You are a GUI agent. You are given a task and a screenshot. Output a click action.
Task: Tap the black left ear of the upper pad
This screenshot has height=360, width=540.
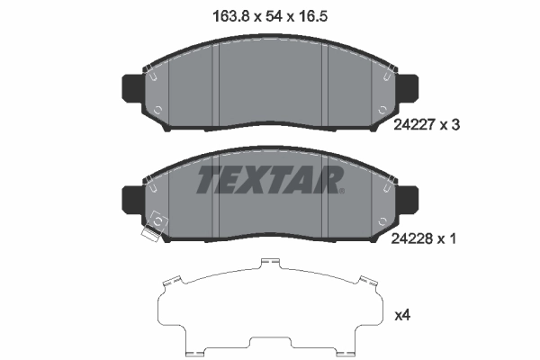click(129, 87)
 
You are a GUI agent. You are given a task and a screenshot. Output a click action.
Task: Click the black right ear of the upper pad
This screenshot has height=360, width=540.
click(410, 87)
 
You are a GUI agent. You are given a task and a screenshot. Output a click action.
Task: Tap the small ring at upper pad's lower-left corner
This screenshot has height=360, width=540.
click(158, 111)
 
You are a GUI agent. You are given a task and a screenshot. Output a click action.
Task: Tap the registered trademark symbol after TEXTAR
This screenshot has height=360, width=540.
click(341, 190)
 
